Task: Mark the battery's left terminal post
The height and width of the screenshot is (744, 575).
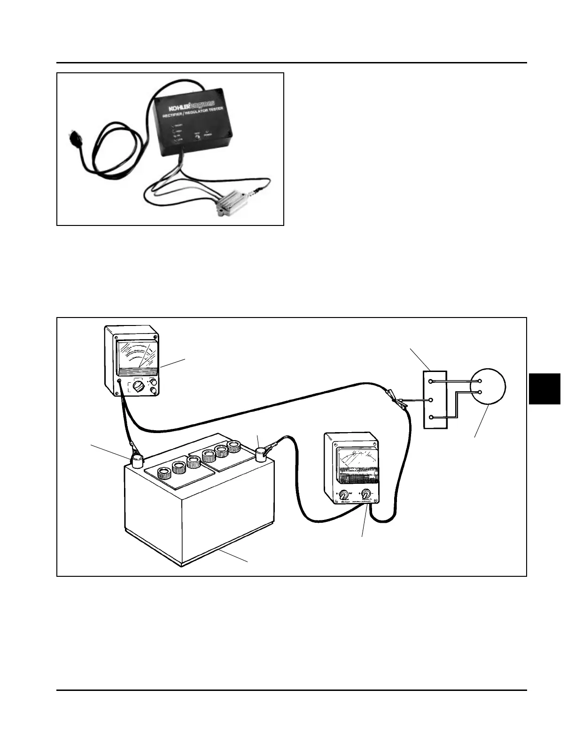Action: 137,460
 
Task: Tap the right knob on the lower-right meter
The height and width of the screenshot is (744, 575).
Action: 365,494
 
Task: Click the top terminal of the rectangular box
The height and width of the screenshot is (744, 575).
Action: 431,381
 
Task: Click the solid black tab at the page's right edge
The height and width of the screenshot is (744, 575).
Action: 545,388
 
